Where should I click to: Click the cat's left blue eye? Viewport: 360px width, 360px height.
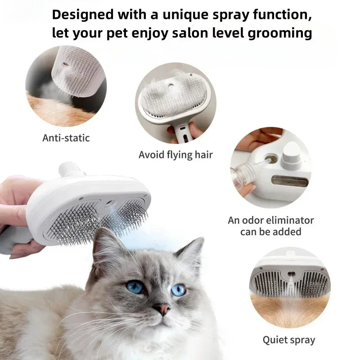click(x=135, y=286)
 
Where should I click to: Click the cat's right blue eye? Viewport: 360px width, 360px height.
click(x=178, y=290)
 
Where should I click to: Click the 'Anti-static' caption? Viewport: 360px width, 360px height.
click(x=66, y=138)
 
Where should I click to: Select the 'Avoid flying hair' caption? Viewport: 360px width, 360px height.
click(x=175, y=155)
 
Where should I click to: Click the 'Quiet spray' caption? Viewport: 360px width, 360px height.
click(x=289, y=339)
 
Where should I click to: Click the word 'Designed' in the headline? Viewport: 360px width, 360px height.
click(x=82, y=14)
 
